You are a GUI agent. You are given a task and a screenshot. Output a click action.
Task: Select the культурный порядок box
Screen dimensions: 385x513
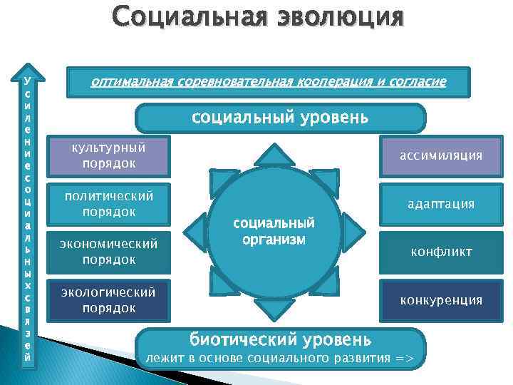pyautogui.click(x=109, y=155)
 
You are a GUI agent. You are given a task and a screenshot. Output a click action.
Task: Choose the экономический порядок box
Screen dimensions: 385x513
pyautogui.click(x=109, y=251)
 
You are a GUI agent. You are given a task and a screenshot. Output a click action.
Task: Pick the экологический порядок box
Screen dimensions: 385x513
pyautogui.click(x=109, y=299)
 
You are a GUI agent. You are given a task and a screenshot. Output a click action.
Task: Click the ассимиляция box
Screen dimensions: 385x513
pyautogui.click(x=440, y=155)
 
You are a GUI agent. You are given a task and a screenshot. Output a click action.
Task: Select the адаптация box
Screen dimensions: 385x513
pyautogui.click(x=440, y=204)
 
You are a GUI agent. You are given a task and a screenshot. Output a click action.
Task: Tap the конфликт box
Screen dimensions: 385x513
pyautogui.click(x=440, y=252)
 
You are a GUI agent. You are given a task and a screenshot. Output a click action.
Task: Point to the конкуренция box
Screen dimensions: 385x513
pyautogui.click(x=440, y=300)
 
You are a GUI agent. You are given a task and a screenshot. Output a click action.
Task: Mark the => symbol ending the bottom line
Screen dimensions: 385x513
pyautogui.click(x=405, y=356)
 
